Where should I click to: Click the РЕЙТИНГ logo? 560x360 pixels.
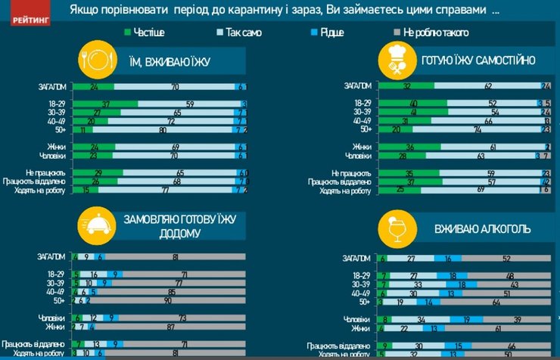click(x=29, y=14)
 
